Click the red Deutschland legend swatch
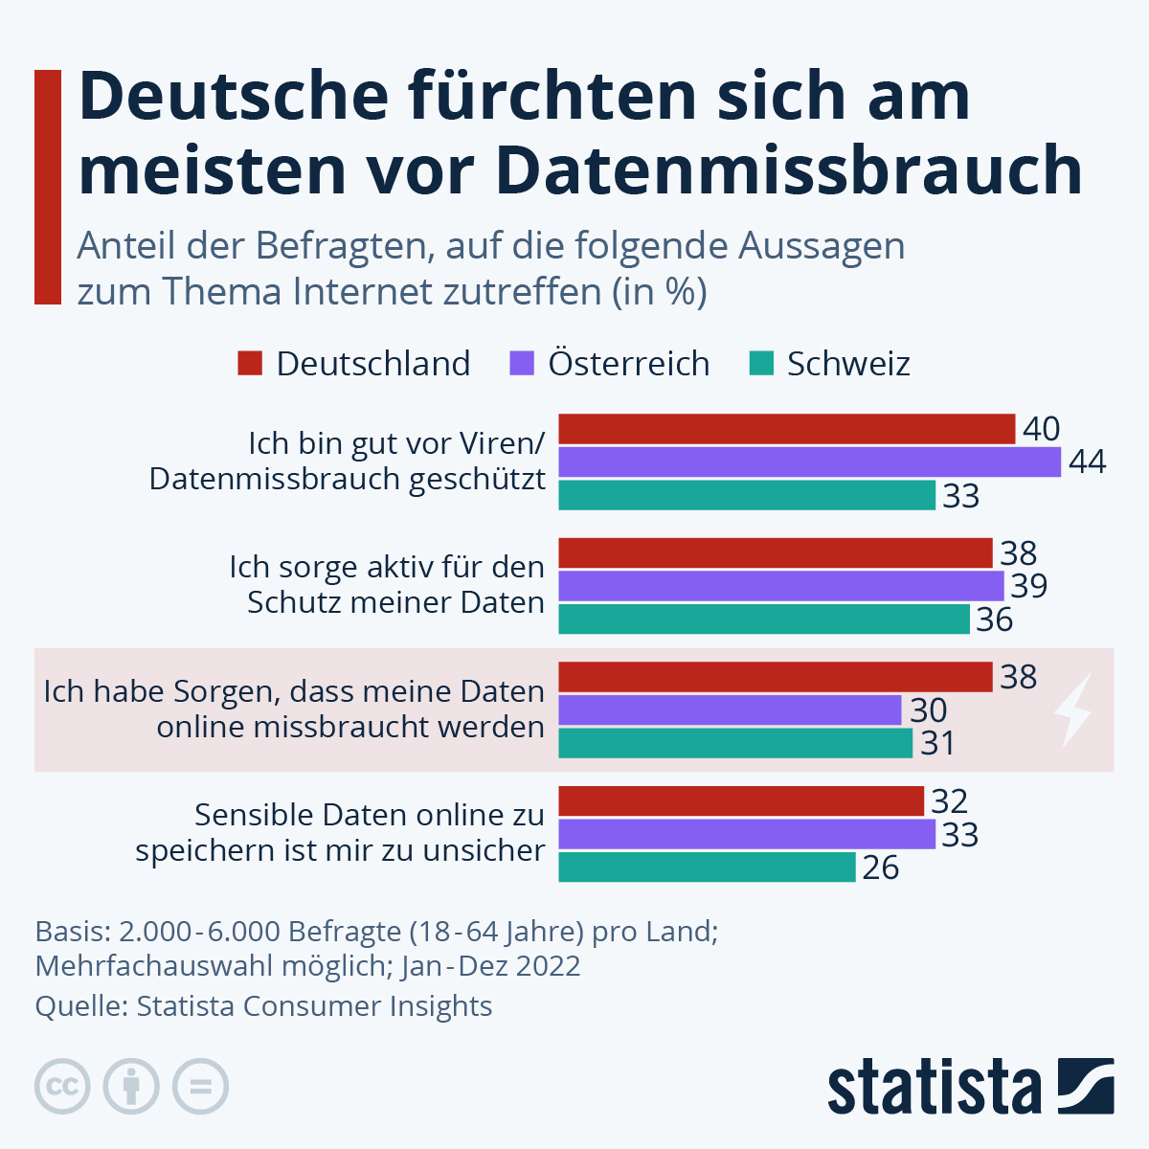[250, 364]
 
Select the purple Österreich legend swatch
[522, 364]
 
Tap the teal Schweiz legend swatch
[761, 364]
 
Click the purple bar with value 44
[809, 462]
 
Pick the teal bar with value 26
[707, 867]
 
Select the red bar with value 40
[786, 429]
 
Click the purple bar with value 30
[730, 710]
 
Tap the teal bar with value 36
[764, 620]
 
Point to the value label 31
[937, 744]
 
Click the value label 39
[1028, 586]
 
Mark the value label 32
[949, 800]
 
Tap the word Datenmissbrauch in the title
[789, 170]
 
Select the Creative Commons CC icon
[62, 1087]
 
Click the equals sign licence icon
[201, 1087]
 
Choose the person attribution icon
[131, 1087]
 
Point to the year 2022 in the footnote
[548, 965]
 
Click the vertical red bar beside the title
[48, 187]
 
